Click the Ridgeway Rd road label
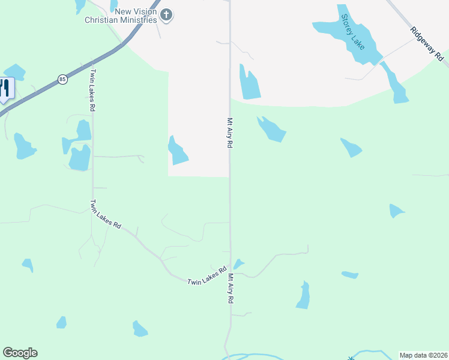point(427,44)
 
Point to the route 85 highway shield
point(62,79)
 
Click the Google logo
point(20,353)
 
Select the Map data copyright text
point(423,355)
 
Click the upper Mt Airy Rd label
point(229,133)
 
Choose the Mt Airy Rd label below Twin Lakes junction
point(230,289)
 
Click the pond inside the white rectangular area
point(177,151)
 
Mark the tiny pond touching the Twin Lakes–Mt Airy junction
point(238,264)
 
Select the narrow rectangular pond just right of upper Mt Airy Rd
point(250,83)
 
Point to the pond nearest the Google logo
point(61,323)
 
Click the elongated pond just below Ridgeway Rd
point(395,83)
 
